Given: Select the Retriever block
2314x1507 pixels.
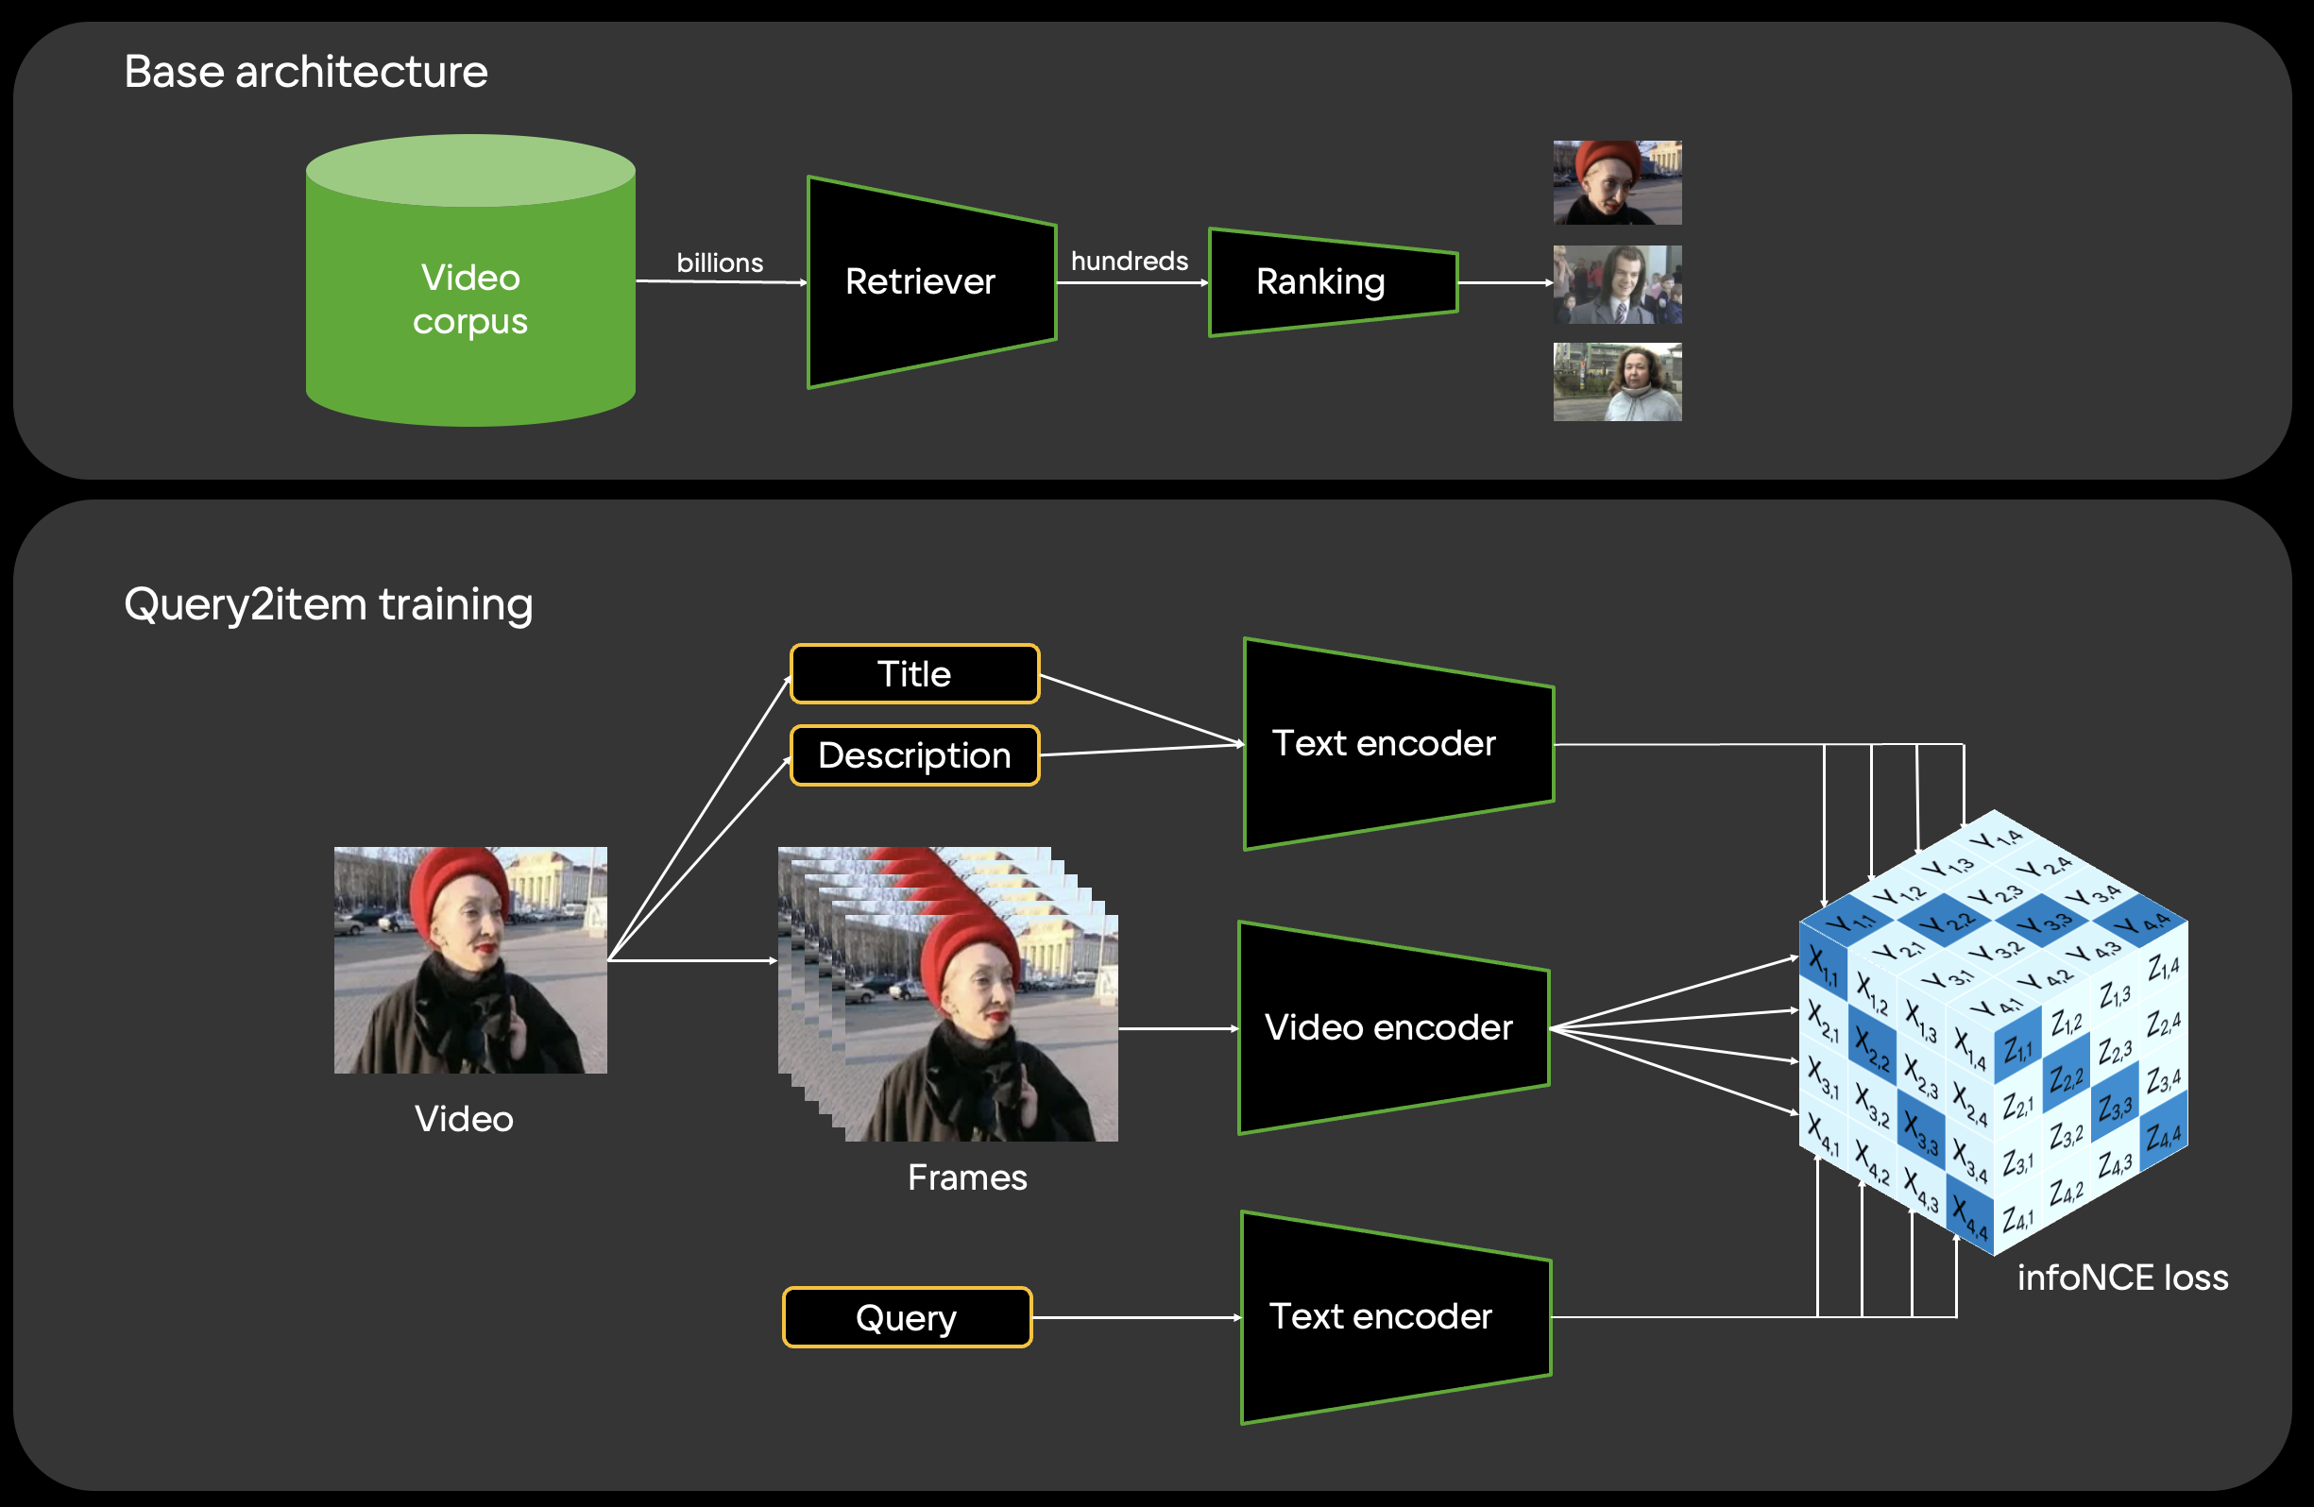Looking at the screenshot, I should tap(921, 282).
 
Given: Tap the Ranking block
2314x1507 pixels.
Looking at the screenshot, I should tap(1320, 282).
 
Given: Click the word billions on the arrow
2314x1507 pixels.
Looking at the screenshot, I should tap(720, 262).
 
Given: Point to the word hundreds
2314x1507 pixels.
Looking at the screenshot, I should tap(1129, 261).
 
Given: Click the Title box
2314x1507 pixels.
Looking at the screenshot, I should tap(914, 674).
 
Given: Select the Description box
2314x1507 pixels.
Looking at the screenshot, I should tap(914, 755).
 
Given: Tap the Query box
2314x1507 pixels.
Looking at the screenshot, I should tap(906, 1317).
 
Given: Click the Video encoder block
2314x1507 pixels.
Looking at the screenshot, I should tap(1388, 1027).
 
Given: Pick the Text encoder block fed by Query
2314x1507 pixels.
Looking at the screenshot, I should tap(1381, 1316).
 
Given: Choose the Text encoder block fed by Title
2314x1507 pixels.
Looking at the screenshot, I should tap(1384, 744).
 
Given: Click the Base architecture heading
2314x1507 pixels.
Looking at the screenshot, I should tap(305, 72).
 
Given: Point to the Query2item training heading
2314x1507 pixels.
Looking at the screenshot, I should tap(329, 603).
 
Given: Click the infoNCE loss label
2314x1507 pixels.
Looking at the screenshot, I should tap(2122, 1278).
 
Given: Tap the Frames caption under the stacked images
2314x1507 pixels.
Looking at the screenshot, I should tap(966, 1177).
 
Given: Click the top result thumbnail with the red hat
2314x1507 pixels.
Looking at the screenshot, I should tap(1617, 183).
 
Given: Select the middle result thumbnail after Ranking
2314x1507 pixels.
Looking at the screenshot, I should tap(1617, 284).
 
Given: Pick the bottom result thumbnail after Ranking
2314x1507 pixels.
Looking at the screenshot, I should tap(1617, 382).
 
